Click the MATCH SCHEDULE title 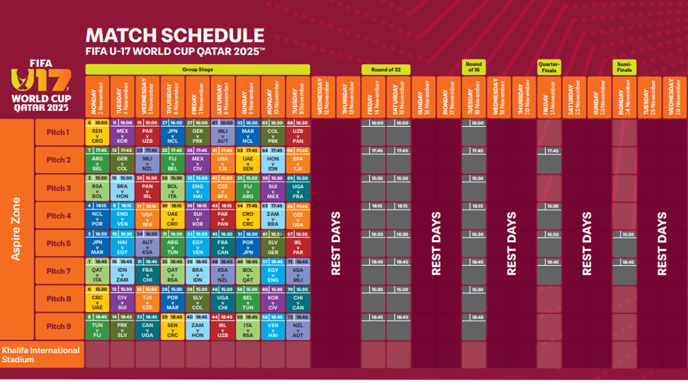(175, 35)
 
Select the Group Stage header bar (198, 69)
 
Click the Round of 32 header (386, 69)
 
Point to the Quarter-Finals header (549, 67)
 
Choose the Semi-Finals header (624, 67)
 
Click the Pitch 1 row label (59, 132)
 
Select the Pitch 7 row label (59, 271)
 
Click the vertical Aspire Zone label (16, 230)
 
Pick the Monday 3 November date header (97, 96)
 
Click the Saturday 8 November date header (223, 96)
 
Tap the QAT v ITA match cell (97, 271)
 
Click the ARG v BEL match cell (97, 160)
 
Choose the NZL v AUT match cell (298, 327)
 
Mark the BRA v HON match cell (122, 188)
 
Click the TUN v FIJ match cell (97, 327)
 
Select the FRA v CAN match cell (223, 243)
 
